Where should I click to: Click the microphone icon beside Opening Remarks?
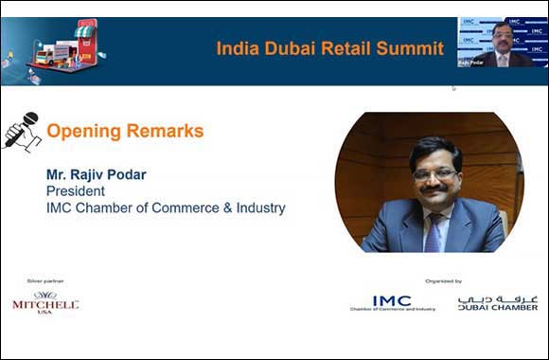click(x=21, y=132)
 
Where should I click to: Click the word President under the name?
click(x=76, y=190)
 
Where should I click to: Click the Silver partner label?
click(x=45, y=280)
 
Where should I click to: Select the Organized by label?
click(x=444, y=280)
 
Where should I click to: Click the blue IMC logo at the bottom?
click(x=391, y=301)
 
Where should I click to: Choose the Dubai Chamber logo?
click(x=497, y=302)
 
